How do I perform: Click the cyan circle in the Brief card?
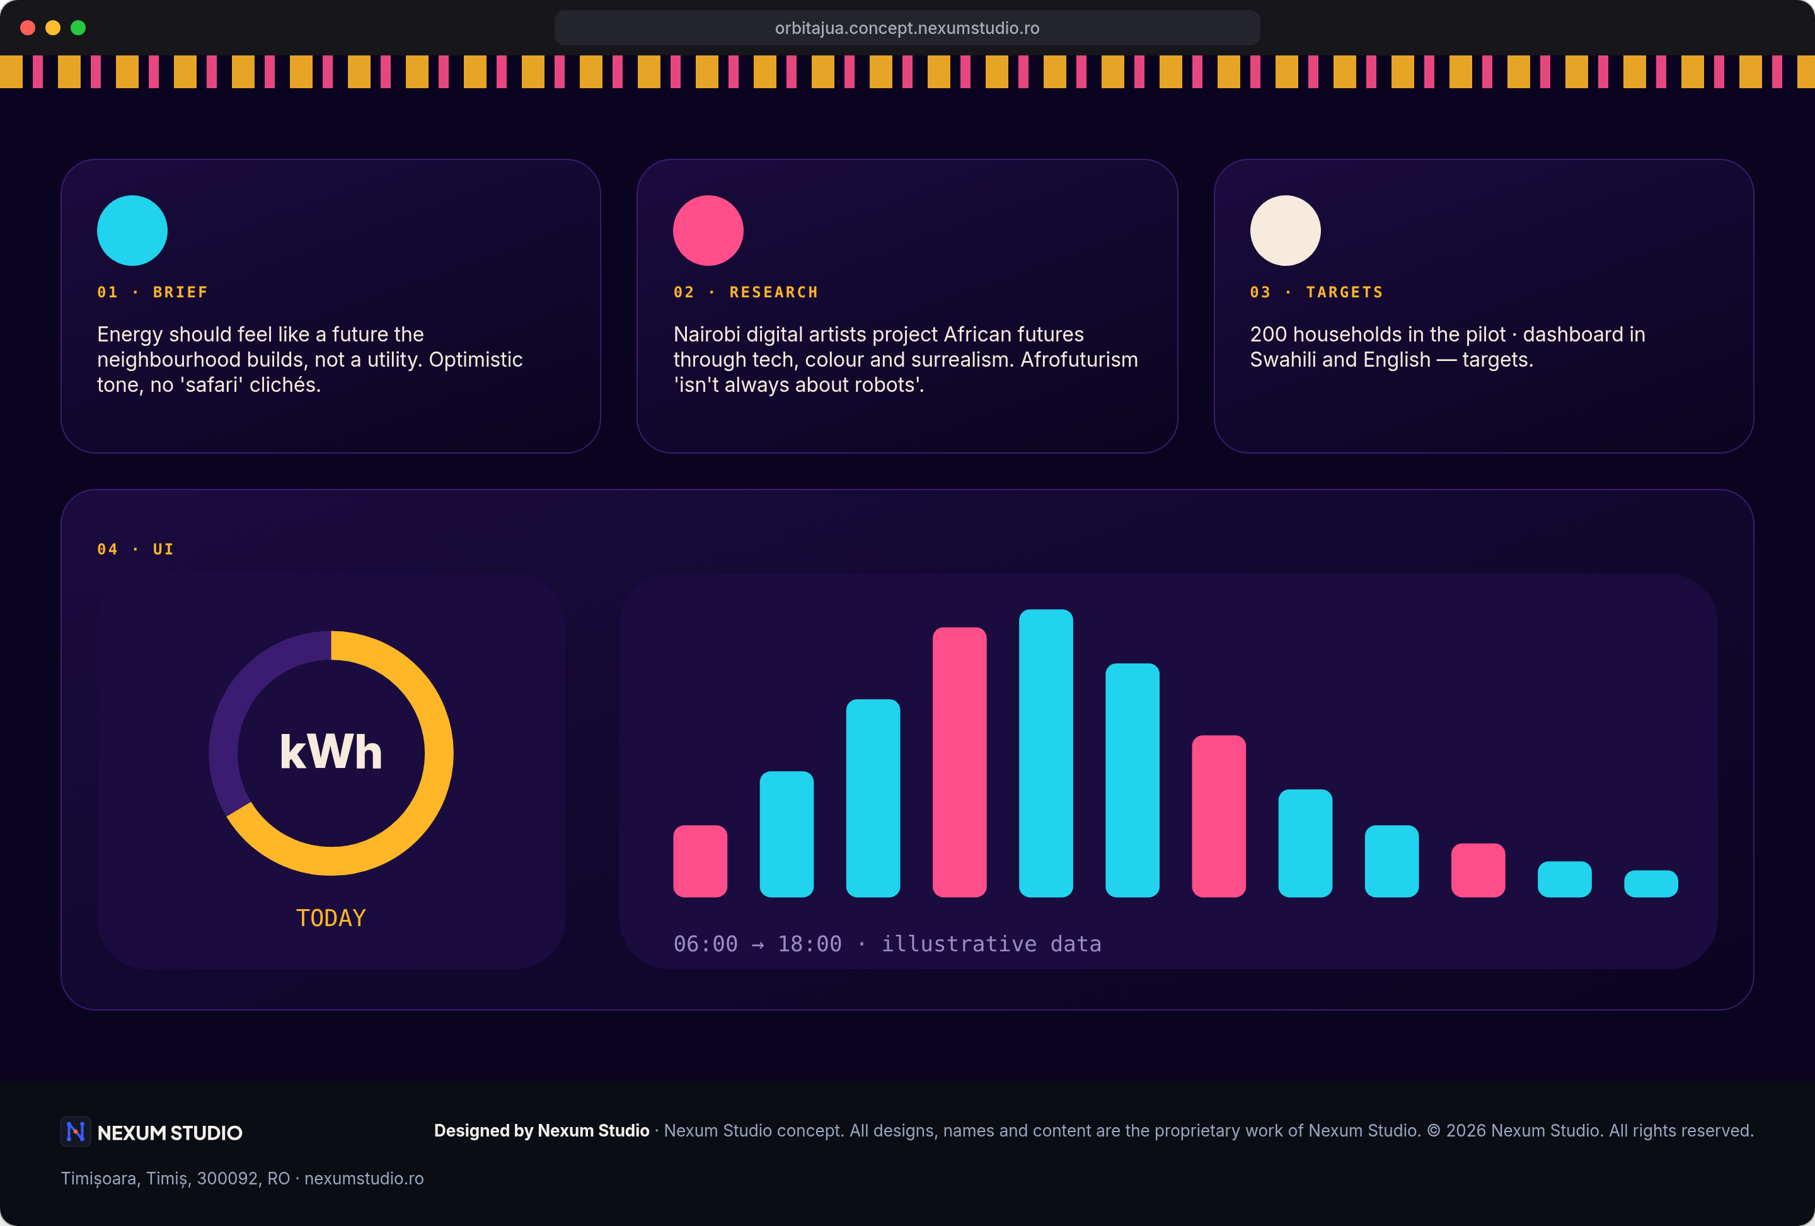tap(132, 231)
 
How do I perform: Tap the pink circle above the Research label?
tap(708, 231)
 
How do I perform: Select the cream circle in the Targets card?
tap(1286, 231)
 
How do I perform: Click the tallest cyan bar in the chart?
tap(1046, 753)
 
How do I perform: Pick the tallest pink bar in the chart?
tap(959, 762)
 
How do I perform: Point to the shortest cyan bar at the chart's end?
tap(1651, 884)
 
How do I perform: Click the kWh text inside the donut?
tap(331, 752)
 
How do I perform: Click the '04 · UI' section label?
tap(135, 549)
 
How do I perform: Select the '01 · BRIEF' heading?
tap(153, 292)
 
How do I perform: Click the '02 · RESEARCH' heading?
tap(746, 292)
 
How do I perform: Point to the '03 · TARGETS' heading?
tap(1317, 292)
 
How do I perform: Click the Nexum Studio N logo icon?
tap(76, 1131)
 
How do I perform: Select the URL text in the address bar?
tap(907, 28)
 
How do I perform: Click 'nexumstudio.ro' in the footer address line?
tap(364, 1178)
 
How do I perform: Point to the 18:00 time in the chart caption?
tap(810, 944)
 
